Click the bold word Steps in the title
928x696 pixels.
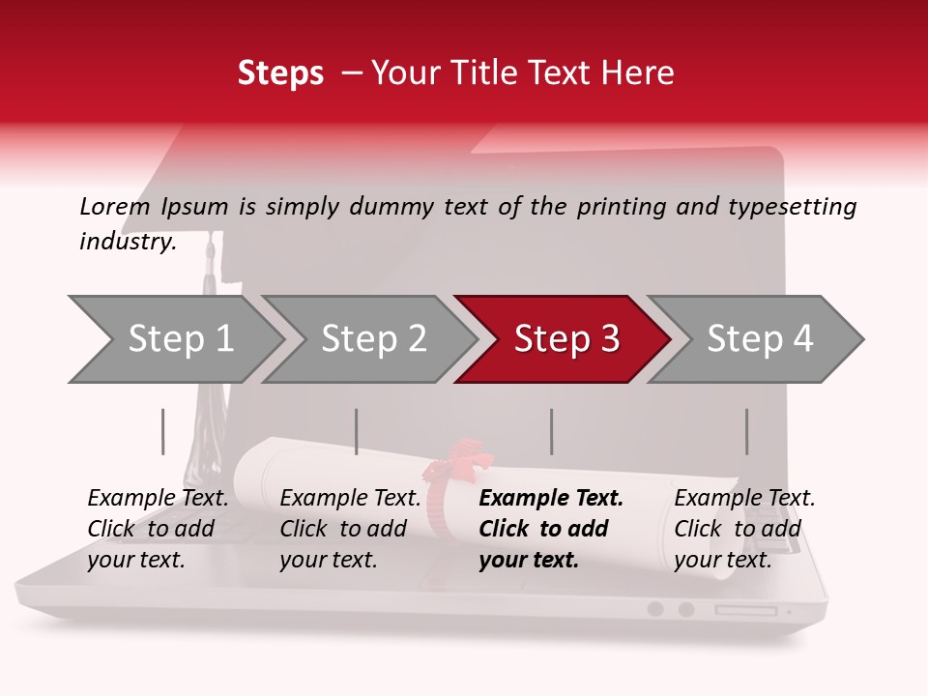[280, 73]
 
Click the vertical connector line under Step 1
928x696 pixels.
[163, 431]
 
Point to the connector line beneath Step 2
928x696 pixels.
[357, 431]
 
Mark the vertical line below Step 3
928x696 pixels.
[552, 431]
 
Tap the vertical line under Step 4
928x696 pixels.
[747, 431]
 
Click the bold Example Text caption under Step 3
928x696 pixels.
[551, 529]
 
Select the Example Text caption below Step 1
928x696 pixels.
[158, 529]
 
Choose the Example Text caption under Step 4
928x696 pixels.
[744, 529]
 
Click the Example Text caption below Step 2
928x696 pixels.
[350, 529]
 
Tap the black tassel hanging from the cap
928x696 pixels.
[204, 425]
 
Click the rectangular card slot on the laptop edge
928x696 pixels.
[745, 610]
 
